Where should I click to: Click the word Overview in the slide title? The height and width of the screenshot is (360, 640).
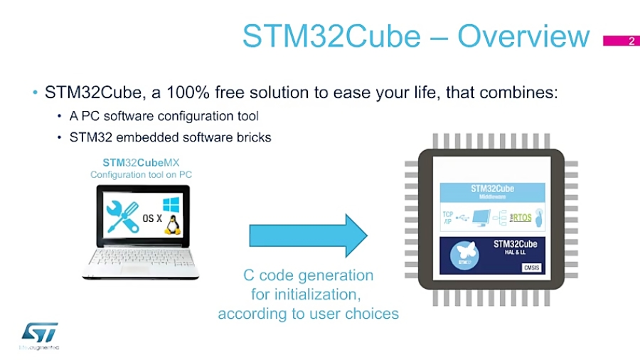[523, 36]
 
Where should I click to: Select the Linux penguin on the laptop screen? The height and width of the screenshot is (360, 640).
[171, 223]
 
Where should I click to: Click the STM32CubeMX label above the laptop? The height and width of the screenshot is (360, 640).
[141, 162]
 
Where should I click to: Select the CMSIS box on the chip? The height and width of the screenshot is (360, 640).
[533, 268]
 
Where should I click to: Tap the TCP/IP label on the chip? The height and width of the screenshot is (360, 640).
[448, 216]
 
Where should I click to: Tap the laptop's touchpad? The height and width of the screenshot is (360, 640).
[139, 272]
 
